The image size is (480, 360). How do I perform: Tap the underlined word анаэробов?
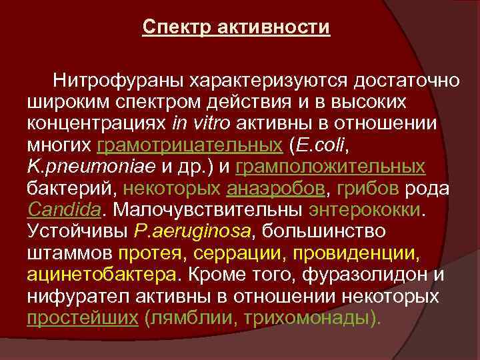277,189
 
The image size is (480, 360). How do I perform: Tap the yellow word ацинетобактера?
103,275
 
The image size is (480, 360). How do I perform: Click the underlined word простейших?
81,318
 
